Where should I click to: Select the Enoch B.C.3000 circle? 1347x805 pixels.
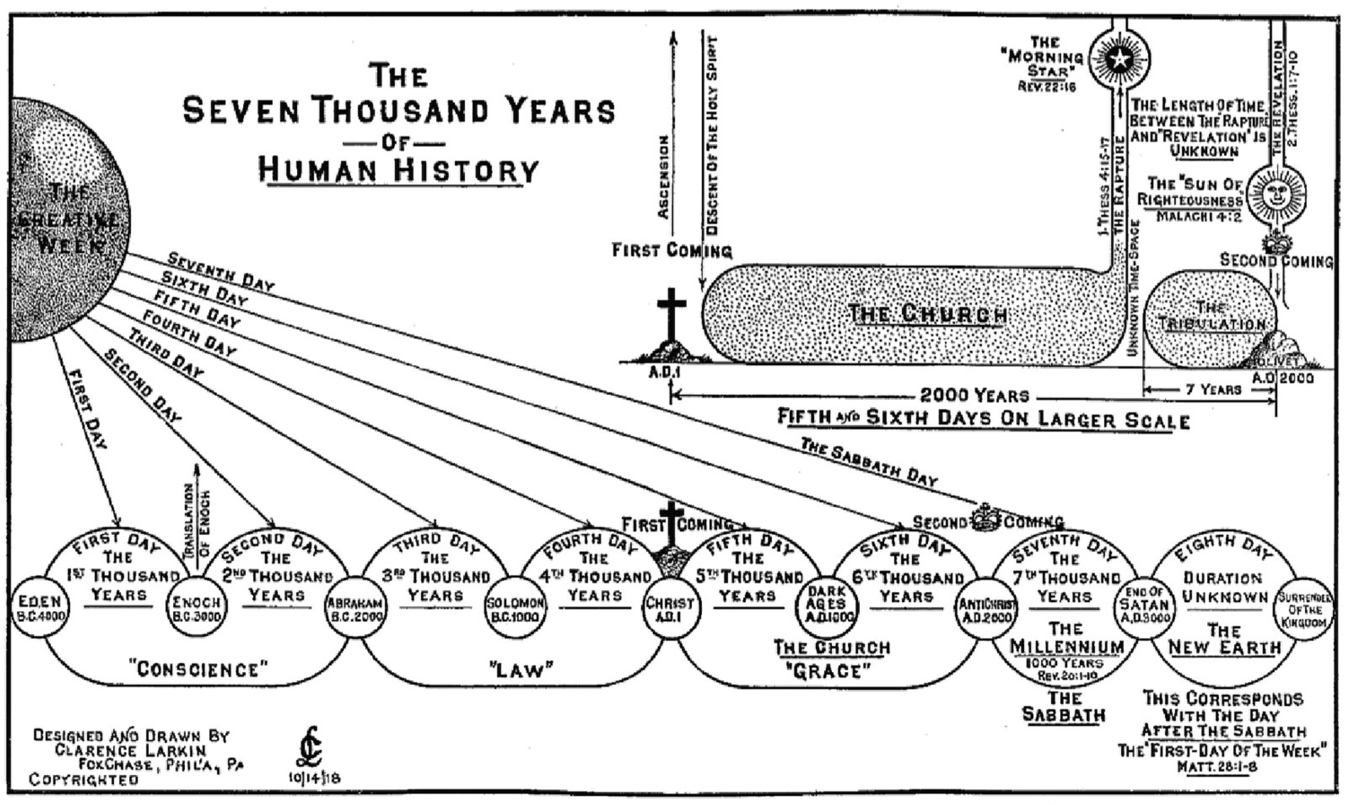[x=197, y=609]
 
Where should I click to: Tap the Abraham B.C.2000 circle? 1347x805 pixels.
[x=355, y=609]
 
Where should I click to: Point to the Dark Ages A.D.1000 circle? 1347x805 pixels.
[x=827, y=609]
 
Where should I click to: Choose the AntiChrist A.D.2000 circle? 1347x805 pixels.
[x=986, y=609]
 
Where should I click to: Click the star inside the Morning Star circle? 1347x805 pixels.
[x=1118, y=58]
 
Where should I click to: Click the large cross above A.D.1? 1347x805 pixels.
[x=671, y=315]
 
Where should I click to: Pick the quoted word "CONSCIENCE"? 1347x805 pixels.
[x=198, y=670]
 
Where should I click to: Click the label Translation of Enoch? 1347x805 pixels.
[x=197, y=520]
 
